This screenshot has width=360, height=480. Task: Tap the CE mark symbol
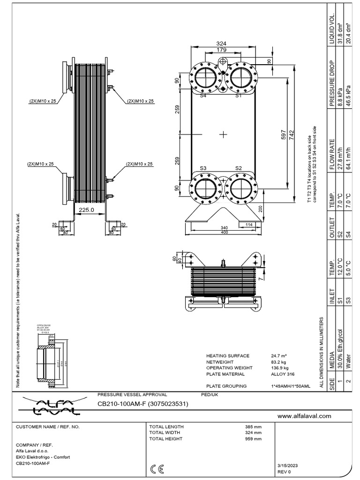pyautogui.click(x=157, y=468)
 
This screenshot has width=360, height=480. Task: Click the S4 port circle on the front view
pyautogui.click(x=204, y=76)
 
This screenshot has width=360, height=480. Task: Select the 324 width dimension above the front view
pyautogui.click(x=221, y=43)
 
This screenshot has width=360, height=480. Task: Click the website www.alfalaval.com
pyautogui.click(x=304, y=416)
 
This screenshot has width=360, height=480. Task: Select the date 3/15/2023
pyautogui.click(x=288, y=465)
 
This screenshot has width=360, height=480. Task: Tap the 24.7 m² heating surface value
pyautogui.click(x=279, y=356)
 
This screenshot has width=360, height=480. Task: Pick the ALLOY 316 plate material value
pyautogui.click(x=283, y=374)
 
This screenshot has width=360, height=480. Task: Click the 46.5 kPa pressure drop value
pyautogui.click(x=347, y=97)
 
